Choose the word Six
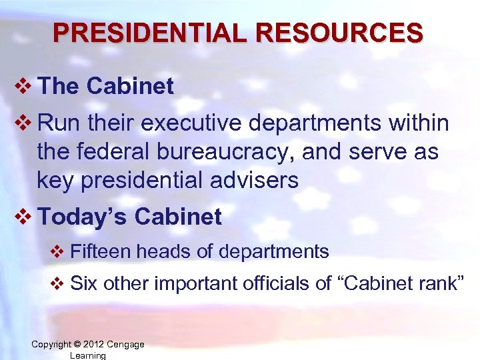click(84, 283)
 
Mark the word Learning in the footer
click(87, 355)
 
